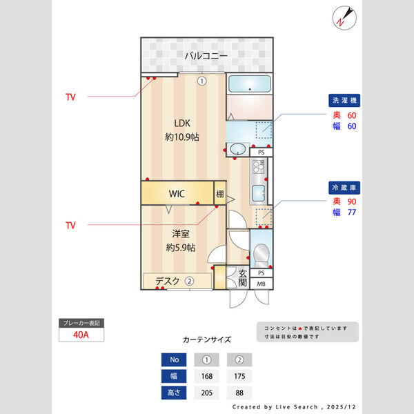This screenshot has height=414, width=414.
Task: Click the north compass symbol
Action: pos(343,17)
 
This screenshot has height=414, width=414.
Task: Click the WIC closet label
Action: pos(177,193)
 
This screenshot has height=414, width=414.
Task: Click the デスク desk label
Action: pos(167,281)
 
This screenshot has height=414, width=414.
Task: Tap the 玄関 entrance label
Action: pos(243,278)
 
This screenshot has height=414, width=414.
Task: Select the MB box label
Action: pos(262,284)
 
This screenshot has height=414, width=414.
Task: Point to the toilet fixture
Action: pos(261,255)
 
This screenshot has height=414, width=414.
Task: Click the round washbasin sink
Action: pos(239,148)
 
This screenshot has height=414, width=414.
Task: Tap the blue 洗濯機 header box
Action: pos(344,101)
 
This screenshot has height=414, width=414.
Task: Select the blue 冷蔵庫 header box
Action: pos(344,187)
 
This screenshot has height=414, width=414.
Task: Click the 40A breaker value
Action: pos(81,335)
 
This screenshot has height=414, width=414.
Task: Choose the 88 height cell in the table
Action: pos(239,393)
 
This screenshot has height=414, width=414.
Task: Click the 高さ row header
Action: pos(173,393)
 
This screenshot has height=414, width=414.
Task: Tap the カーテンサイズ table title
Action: pos(207,340)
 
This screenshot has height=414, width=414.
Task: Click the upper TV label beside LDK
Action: pos(70,97)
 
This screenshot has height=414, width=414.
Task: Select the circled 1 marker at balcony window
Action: pos(201,81)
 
